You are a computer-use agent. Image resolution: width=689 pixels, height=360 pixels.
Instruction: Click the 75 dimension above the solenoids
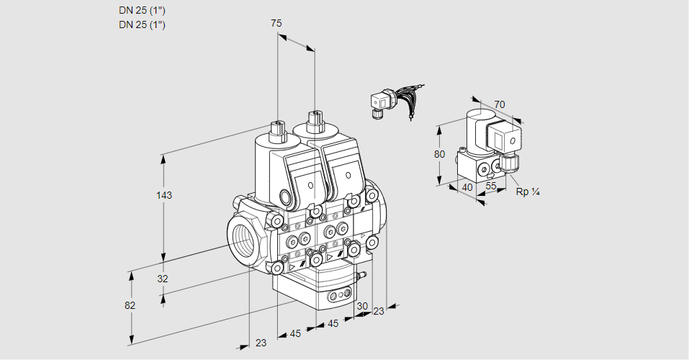[276, 24]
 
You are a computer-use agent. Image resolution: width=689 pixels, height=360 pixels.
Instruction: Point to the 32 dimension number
[162, 279]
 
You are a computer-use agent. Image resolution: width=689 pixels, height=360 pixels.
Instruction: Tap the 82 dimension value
[130, 305]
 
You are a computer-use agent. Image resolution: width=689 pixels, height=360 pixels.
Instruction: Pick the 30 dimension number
[362, 305]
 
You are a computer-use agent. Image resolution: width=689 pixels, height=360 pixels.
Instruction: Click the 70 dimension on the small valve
[500, 104]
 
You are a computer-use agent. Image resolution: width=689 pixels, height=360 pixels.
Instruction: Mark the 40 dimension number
[467, 187]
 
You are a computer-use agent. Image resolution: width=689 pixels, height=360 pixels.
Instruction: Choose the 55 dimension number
[492, 186]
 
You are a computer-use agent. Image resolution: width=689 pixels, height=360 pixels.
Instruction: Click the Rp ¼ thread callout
[528, 192]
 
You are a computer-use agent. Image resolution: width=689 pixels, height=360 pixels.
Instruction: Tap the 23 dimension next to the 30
[379, 311]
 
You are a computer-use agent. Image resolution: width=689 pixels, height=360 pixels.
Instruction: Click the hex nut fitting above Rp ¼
[510, 163]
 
